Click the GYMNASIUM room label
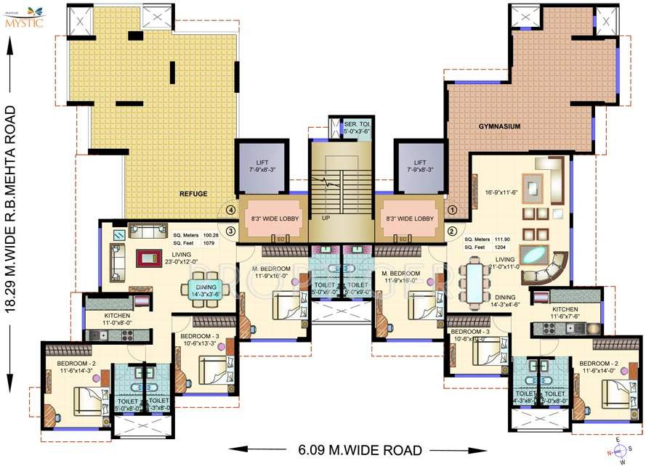pyautogui.click(x=499, y=126)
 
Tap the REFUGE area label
pyautogui.click(x=194, y=194)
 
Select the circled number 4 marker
pyautogui.click(x=230, y=210)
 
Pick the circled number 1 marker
pyautogui.click(x=451, y=210)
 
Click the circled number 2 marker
pyautogui.click(x=451, y=232)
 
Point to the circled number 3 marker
pyautogui.click(x=230, y=232)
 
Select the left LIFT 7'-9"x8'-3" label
pyautogui.click(x=261, y=165)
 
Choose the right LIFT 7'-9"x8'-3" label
pyautogui.click(x=419, y=165)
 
